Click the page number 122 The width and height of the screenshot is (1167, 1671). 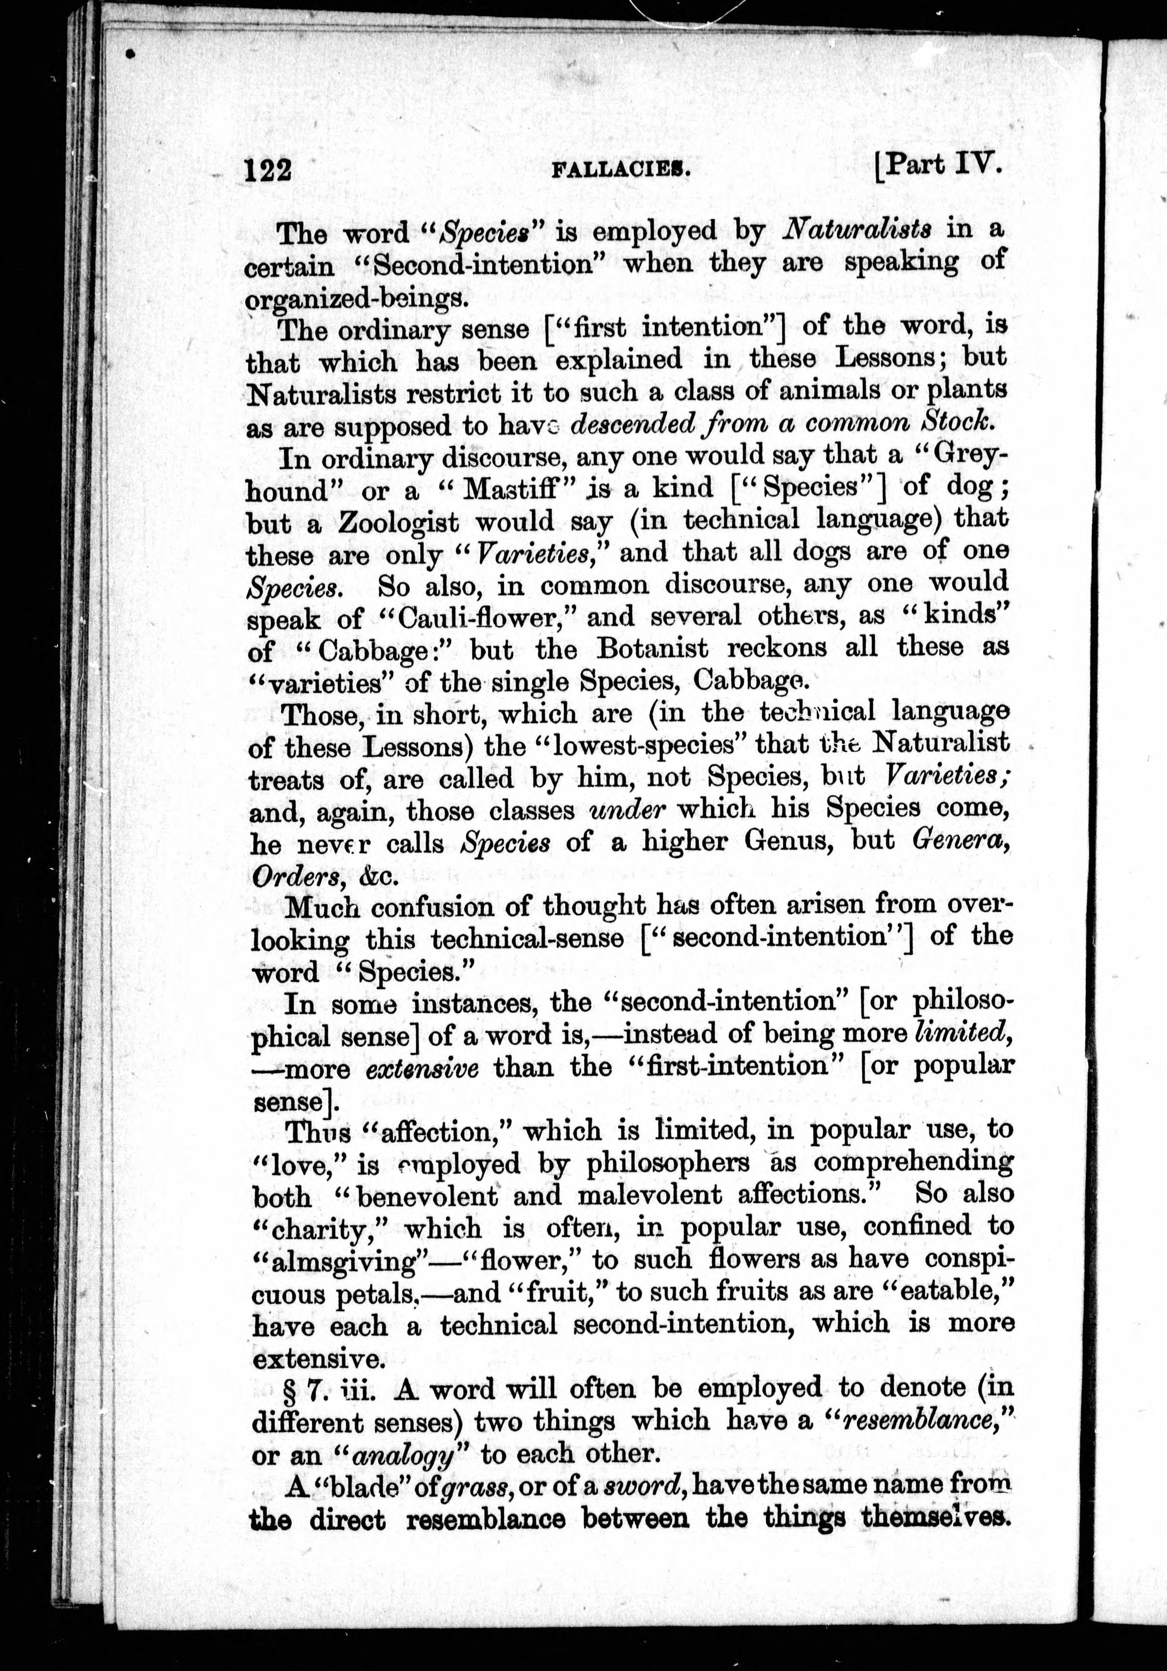(x=268, y=170)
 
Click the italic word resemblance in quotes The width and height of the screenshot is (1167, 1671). (x=921, y=1421)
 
